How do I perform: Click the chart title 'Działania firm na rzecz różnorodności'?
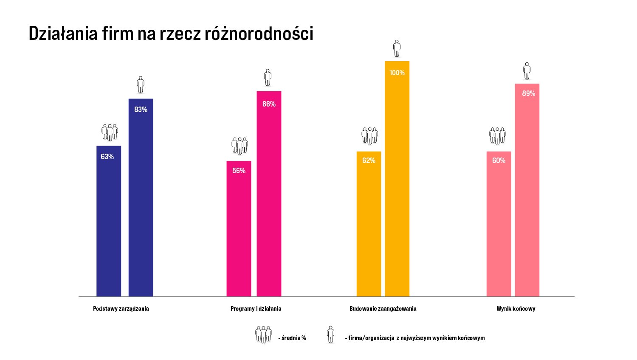tap(171, 34)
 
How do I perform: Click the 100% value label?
tap(397, 73)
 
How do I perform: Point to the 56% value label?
tap(239, 171)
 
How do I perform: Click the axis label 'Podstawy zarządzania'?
tap(121, 309)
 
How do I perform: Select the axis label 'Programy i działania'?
tap(256, 309)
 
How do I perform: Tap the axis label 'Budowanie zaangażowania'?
tap(383, 309)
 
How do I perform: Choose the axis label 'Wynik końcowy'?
tap(516, 309)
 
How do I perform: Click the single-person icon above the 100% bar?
tap(397, 48)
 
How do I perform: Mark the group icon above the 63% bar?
tap(110, 132)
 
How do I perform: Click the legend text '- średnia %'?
tap(292, 338)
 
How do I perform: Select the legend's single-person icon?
tap(330, 335)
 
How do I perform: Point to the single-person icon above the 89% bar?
tap(527, 71)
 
